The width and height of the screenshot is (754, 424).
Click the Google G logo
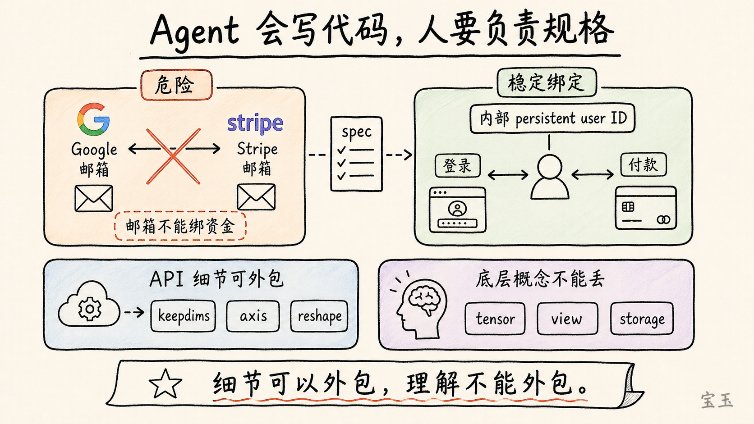(x=93, y=119)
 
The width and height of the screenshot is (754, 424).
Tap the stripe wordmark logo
(x=255, y=123)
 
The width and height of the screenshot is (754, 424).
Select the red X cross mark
(x=173, y=156)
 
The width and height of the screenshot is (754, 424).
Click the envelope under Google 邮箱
(x=94, y=198)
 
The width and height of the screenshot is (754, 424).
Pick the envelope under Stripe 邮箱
(x=256, y=197)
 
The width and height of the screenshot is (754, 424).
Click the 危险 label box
(x=176, y=85)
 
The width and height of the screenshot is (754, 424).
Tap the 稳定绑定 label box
(x=547, y=82)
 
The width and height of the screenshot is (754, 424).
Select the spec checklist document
(x=356, y=154)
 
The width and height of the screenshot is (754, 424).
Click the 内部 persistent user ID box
(x=552, y=119)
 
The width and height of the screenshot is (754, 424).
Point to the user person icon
(x=549, y=177)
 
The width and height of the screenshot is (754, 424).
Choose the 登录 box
(x=457, y=165)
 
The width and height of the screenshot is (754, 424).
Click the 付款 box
(x=643, y=164)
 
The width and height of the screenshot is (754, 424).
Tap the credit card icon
(x=646, y=208)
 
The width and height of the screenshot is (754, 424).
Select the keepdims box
(x=183, y=316)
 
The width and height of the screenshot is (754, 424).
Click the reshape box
(x=319, y=316)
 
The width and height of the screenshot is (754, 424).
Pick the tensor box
(x=495, y=319)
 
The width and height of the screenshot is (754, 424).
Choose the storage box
(x=642, y=319)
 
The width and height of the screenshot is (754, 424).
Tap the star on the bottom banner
(x=165, y=384)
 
